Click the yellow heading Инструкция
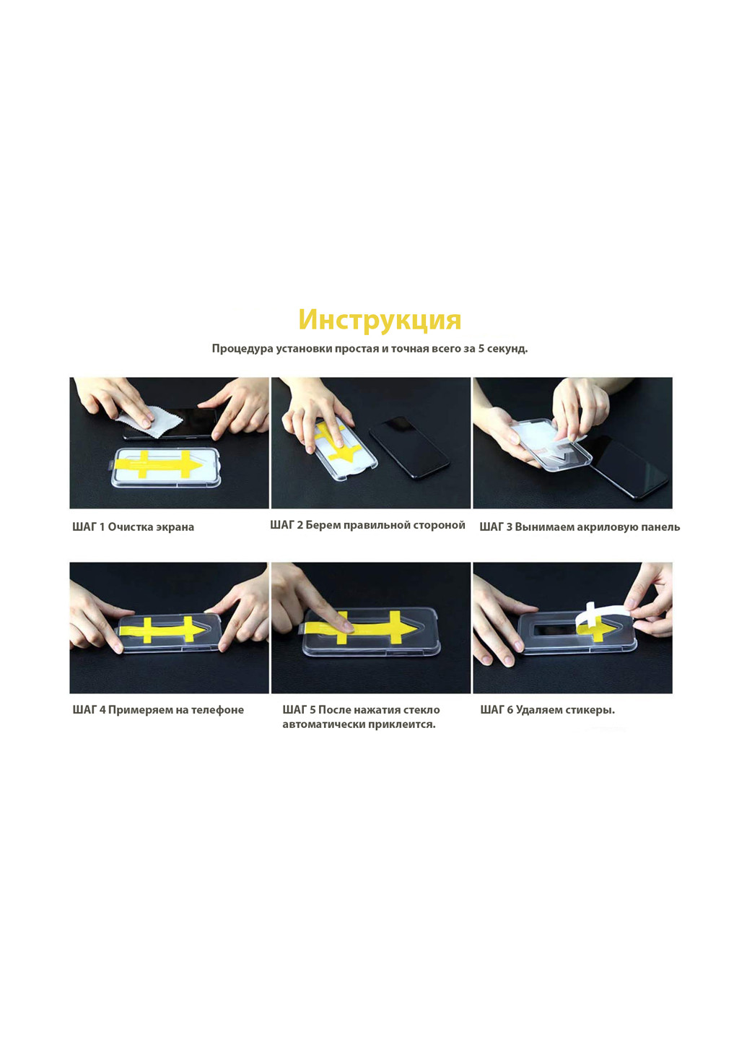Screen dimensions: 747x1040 380,320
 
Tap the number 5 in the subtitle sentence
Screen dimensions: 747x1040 481,348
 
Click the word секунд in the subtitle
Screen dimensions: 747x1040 507,349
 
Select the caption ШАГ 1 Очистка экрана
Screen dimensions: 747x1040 133,527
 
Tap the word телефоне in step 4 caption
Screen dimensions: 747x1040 218,710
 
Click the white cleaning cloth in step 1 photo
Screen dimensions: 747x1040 149,423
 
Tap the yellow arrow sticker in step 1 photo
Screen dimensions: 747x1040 159,464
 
